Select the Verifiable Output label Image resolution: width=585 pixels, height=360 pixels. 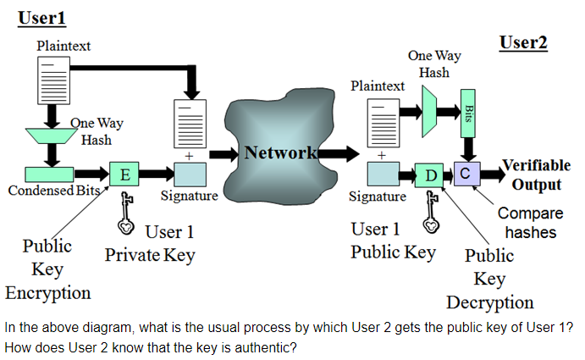pos(536,174)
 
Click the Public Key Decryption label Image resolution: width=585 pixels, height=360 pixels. pos(489,279)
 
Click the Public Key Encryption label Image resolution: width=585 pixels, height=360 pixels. pos(47,269)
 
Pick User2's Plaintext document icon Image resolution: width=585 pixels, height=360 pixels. pos(382,120)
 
